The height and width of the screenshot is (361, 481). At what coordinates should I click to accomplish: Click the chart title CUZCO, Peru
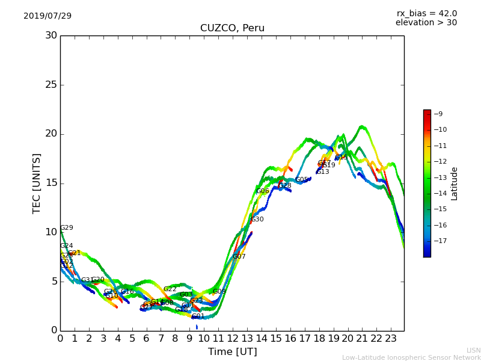coord(232,28)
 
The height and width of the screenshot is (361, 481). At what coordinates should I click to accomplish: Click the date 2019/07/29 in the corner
coord(47,16)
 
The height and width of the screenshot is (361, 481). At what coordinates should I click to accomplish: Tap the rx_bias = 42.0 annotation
coord(427,14)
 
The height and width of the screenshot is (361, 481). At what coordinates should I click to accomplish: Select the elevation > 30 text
coord(426,23)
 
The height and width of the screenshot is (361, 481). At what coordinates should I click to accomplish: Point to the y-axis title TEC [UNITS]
coord(37,184)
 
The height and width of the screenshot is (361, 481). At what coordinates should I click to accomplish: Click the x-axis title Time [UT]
coord(232,351)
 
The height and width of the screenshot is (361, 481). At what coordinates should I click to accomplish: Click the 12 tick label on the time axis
coord(233,338)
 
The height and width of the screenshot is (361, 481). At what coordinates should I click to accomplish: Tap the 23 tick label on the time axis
coord(390,338)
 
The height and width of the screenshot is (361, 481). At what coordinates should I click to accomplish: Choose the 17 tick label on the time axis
coord(304,338)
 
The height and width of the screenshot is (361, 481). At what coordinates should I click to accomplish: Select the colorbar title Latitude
coord(455,184)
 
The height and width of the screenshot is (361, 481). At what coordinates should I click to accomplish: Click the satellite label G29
coord(67,228)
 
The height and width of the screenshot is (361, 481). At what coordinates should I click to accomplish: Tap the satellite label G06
coord(263,191)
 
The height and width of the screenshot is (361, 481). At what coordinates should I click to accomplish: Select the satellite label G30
coord(257,220)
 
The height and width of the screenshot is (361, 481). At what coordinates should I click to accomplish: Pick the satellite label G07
coord(239,257)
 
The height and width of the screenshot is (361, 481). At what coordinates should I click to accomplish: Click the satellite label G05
coord(302,180)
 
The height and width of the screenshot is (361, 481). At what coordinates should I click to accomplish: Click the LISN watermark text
coord(474,350)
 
